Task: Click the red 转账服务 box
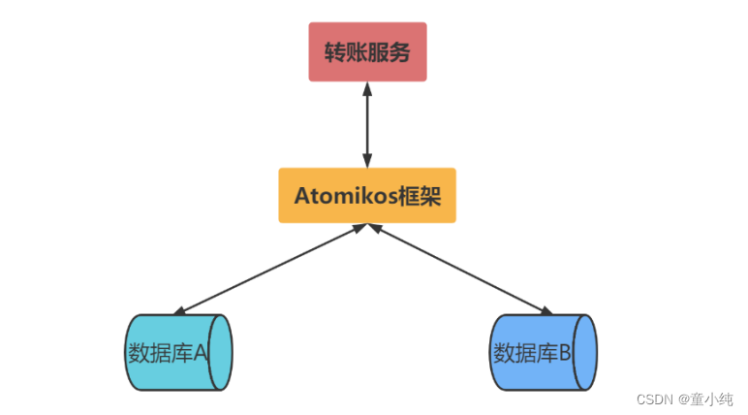tap(367, 51)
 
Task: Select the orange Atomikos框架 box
tap(367, 196)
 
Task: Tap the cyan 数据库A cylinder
tap(174, 352)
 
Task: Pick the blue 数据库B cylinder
tap(538, 352)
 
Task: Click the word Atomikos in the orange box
tap(338, 196)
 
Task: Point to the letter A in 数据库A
tap(201, 352)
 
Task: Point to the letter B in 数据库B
tap(565, 352)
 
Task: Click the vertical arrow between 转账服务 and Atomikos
tap(367, 125)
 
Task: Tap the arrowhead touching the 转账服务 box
tap(367, 89)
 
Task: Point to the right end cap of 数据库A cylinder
tap(221, 352)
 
